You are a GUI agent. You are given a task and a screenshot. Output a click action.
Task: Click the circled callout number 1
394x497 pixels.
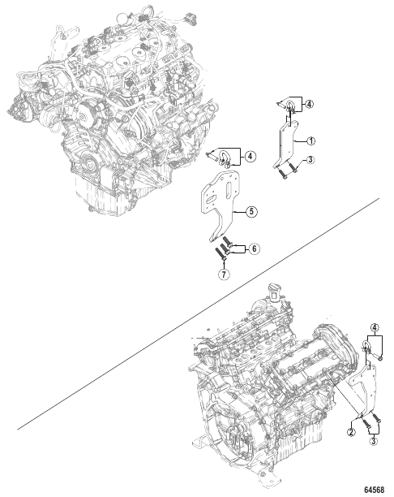(x=311, y=140)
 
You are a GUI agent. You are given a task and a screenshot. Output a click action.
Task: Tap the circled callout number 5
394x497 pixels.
(x=251, y=211)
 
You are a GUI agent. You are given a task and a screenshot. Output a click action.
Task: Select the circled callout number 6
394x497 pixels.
(x=254, y=248)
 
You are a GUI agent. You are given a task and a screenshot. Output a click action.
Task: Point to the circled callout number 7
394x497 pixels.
(x=224, y=274)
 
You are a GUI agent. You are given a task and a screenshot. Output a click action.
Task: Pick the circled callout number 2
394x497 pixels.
(x=351, y=432)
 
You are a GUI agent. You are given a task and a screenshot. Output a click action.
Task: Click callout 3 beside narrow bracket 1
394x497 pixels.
(x=310, y=160)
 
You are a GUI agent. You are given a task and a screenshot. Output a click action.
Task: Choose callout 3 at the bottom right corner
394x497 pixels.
(x=374, y=441)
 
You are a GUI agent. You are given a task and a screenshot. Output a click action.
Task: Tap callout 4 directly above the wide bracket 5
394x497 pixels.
(x=251, y=156)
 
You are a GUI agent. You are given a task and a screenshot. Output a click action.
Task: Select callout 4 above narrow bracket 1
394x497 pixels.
(x=309, y=104)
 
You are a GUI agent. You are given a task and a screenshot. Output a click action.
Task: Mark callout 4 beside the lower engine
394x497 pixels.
(x=375, y=327)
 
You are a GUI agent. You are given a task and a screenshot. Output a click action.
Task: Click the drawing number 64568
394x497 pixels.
(x=374, y=490)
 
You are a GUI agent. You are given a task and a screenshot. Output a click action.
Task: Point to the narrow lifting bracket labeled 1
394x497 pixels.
(x=287, y=145)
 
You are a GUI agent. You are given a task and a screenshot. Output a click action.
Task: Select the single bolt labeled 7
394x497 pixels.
(x=221, y=254)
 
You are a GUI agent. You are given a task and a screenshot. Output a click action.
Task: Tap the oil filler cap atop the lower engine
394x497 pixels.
(x=274, y=292)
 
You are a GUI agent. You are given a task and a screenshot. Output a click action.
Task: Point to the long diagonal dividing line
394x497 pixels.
(x=198, y=314)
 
